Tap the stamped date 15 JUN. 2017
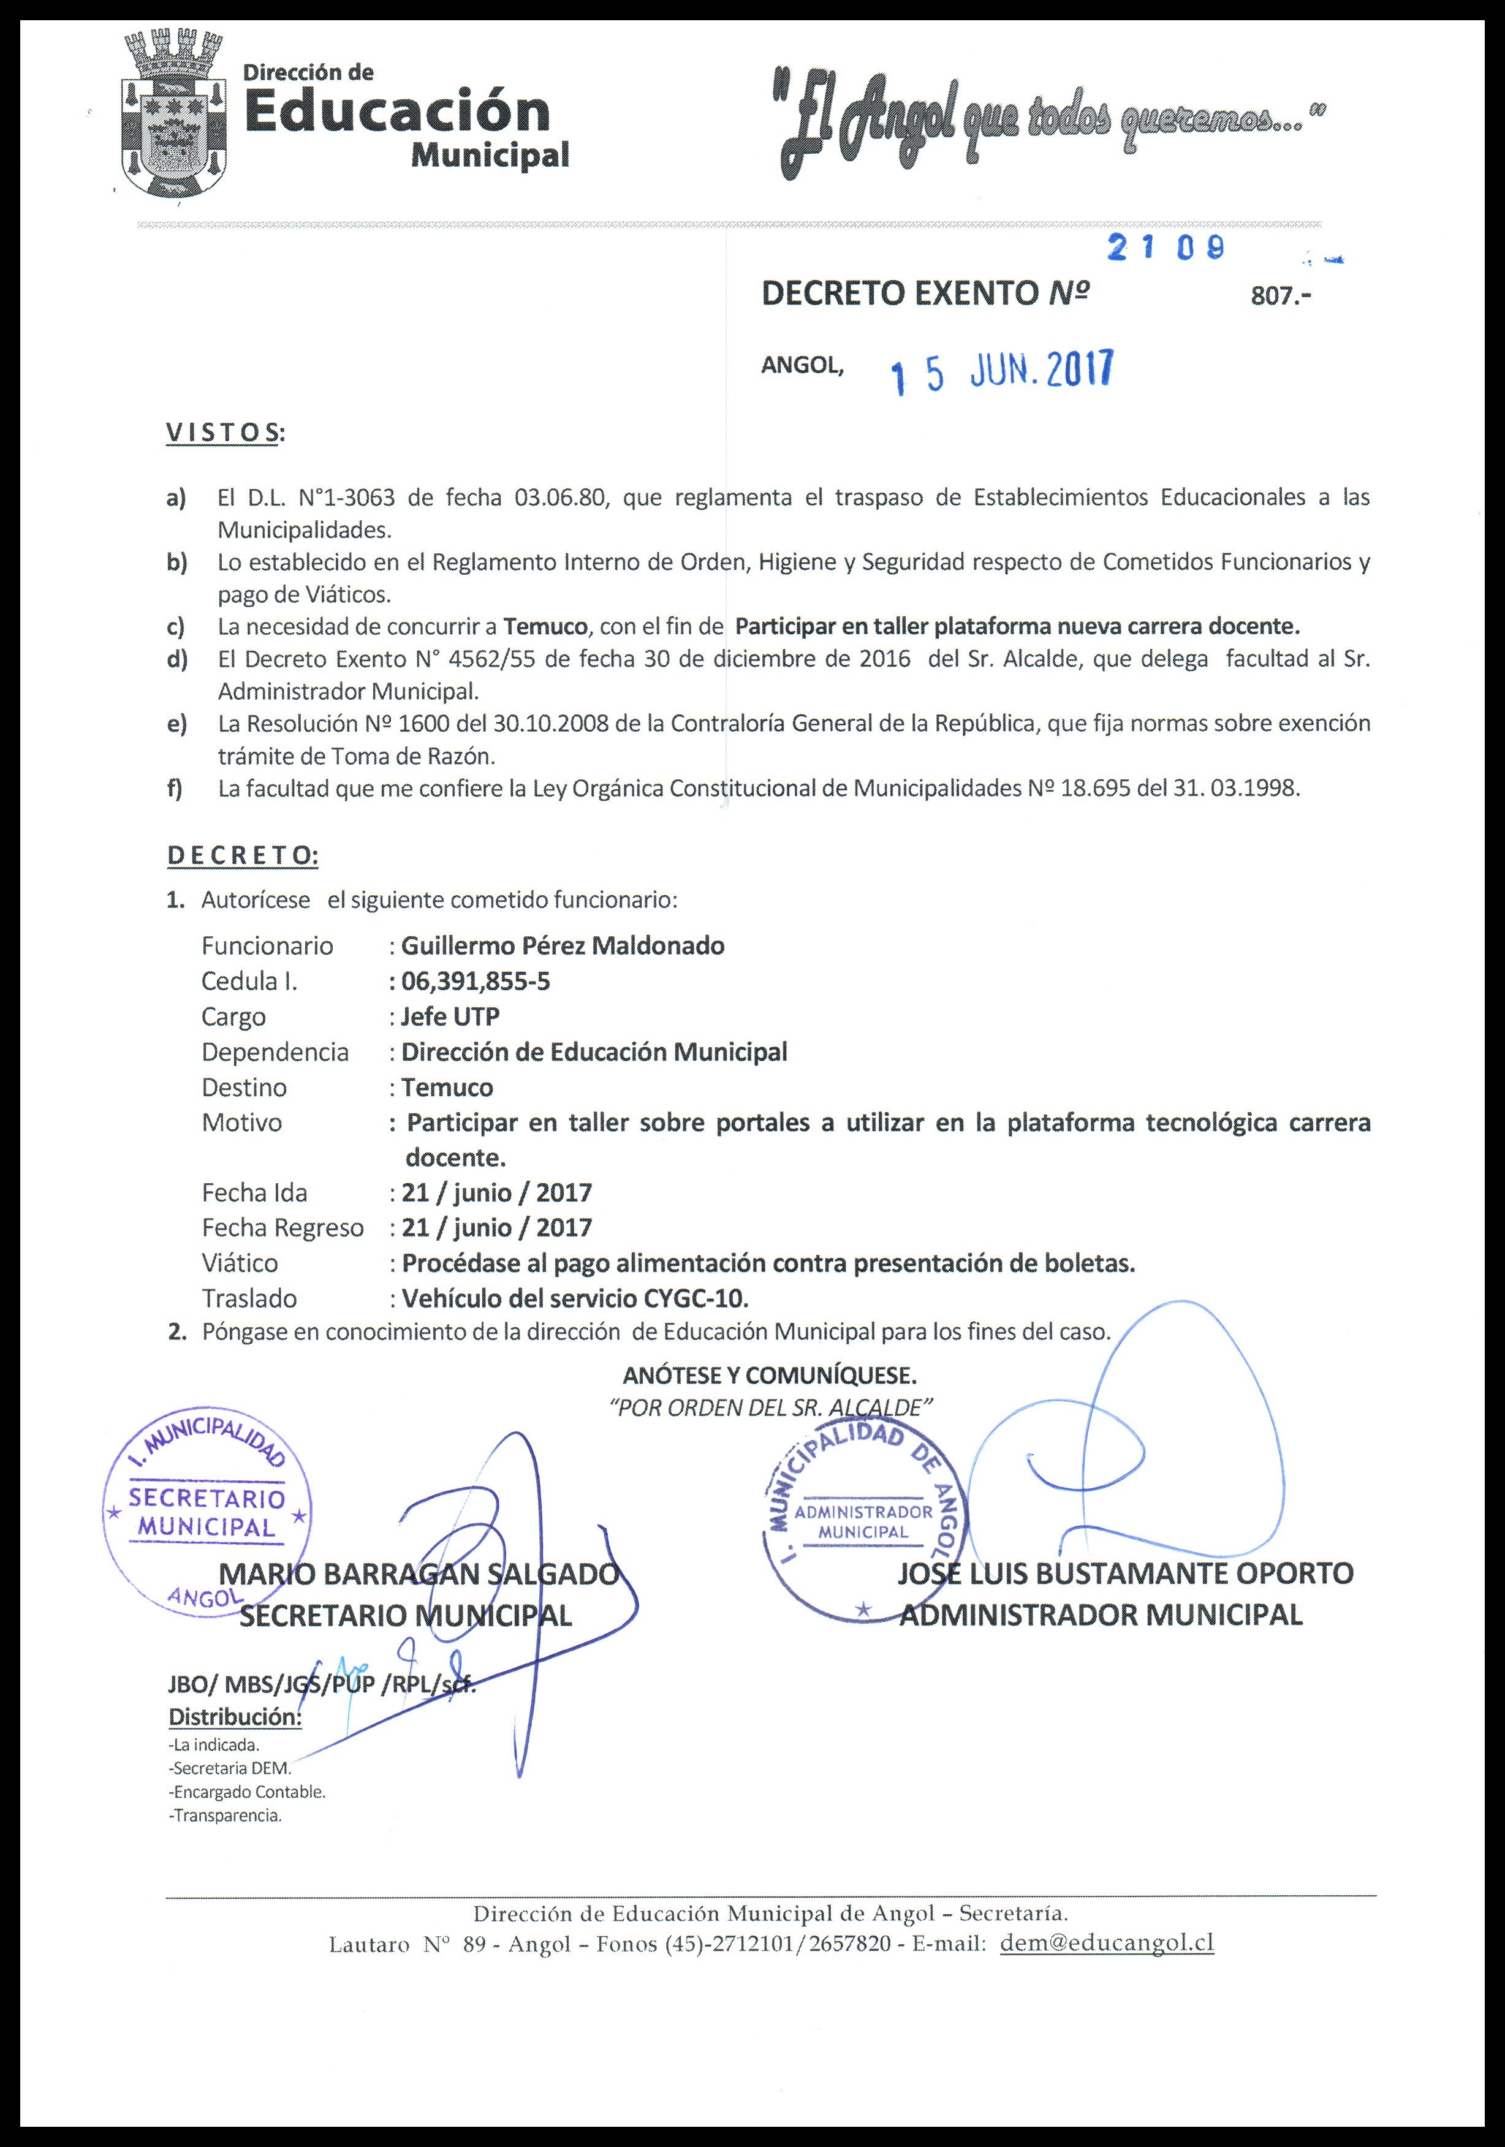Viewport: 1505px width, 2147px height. click(1002, 374)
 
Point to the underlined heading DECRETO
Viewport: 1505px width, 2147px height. click(242, 855)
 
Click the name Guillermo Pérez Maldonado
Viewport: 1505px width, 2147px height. click(562, 945)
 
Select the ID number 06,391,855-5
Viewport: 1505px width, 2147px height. click(475, 981)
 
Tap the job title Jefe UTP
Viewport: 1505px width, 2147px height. click(450, 1017)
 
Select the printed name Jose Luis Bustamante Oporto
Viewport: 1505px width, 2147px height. click(1125, 1573)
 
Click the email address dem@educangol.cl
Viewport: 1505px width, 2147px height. click(1107, 1943)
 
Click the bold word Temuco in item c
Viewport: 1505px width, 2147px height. click(544, 626)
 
